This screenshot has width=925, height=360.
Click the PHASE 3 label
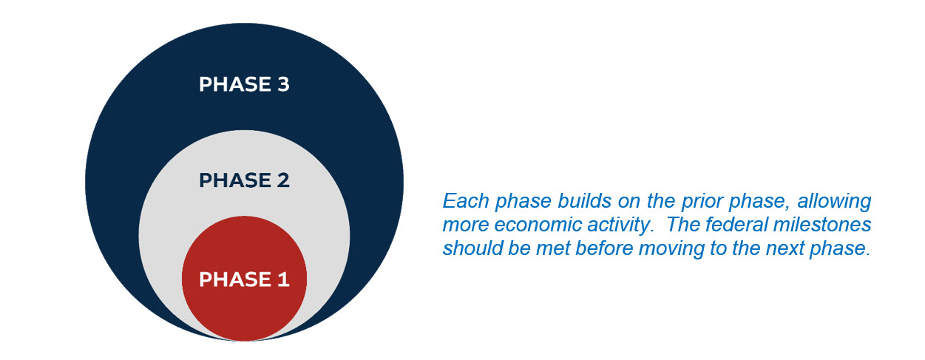coord(244,84)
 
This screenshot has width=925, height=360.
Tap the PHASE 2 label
coord(244,180)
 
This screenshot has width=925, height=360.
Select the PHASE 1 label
coord(244,279)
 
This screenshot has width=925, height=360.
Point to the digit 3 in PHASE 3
coord(283,84)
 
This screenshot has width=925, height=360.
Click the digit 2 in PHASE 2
coord(283,180)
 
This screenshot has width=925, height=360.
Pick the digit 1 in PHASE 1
coord(283,279)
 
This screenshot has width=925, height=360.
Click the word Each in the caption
coord(466,201)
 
